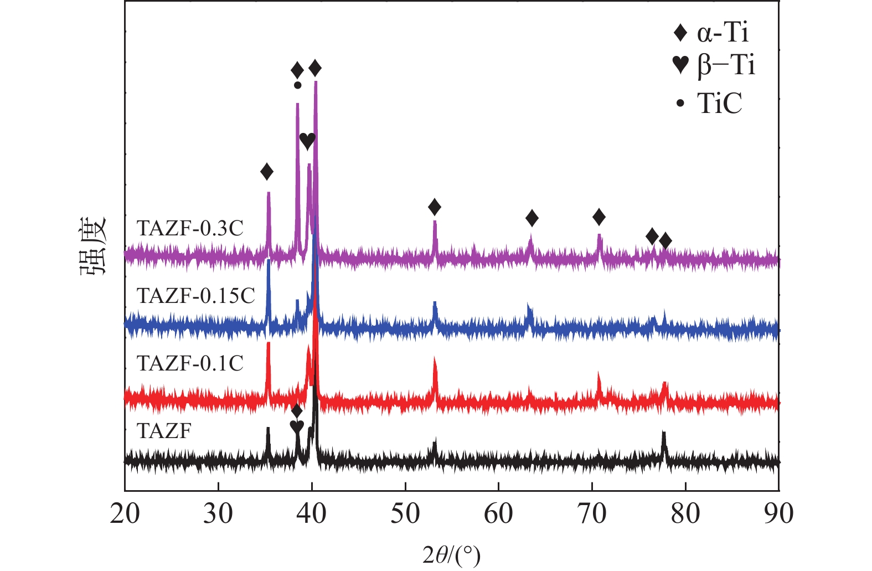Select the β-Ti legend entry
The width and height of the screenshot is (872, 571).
(713, 65)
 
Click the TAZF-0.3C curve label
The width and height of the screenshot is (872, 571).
(190, 228)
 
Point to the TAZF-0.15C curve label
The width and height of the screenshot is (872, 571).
(195, 296)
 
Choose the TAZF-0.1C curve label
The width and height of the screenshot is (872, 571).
(190, 363)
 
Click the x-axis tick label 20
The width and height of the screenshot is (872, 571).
(125, 513)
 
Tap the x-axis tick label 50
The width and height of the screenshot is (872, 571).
(405, 513)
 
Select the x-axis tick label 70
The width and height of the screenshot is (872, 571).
(592, 513)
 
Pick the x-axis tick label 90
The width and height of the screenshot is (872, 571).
(778, 513)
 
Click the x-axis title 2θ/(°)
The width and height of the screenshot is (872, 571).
(451, 554)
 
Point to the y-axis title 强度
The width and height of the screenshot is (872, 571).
(92, 247)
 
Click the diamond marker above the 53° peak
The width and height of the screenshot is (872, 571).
(435, 208)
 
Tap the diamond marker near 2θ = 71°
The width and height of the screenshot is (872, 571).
(598, 217)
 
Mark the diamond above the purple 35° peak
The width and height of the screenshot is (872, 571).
(267, 172)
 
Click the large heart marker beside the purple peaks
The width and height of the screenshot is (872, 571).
(307, 141)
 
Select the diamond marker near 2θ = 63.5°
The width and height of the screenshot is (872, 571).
(532, 218)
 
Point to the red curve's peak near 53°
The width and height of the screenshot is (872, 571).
(435, 360)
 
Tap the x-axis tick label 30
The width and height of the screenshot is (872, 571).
(218, 513)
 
